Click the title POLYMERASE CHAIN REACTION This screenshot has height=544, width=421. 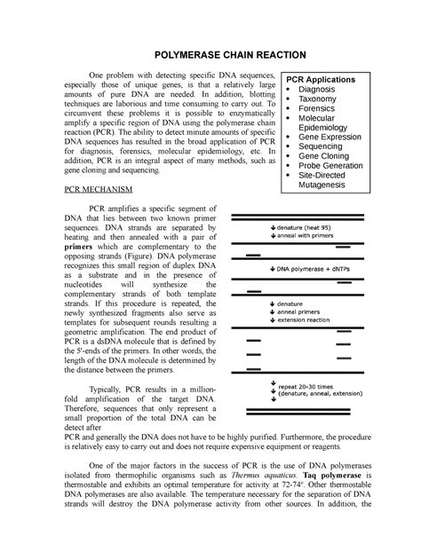coord(210,55)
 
